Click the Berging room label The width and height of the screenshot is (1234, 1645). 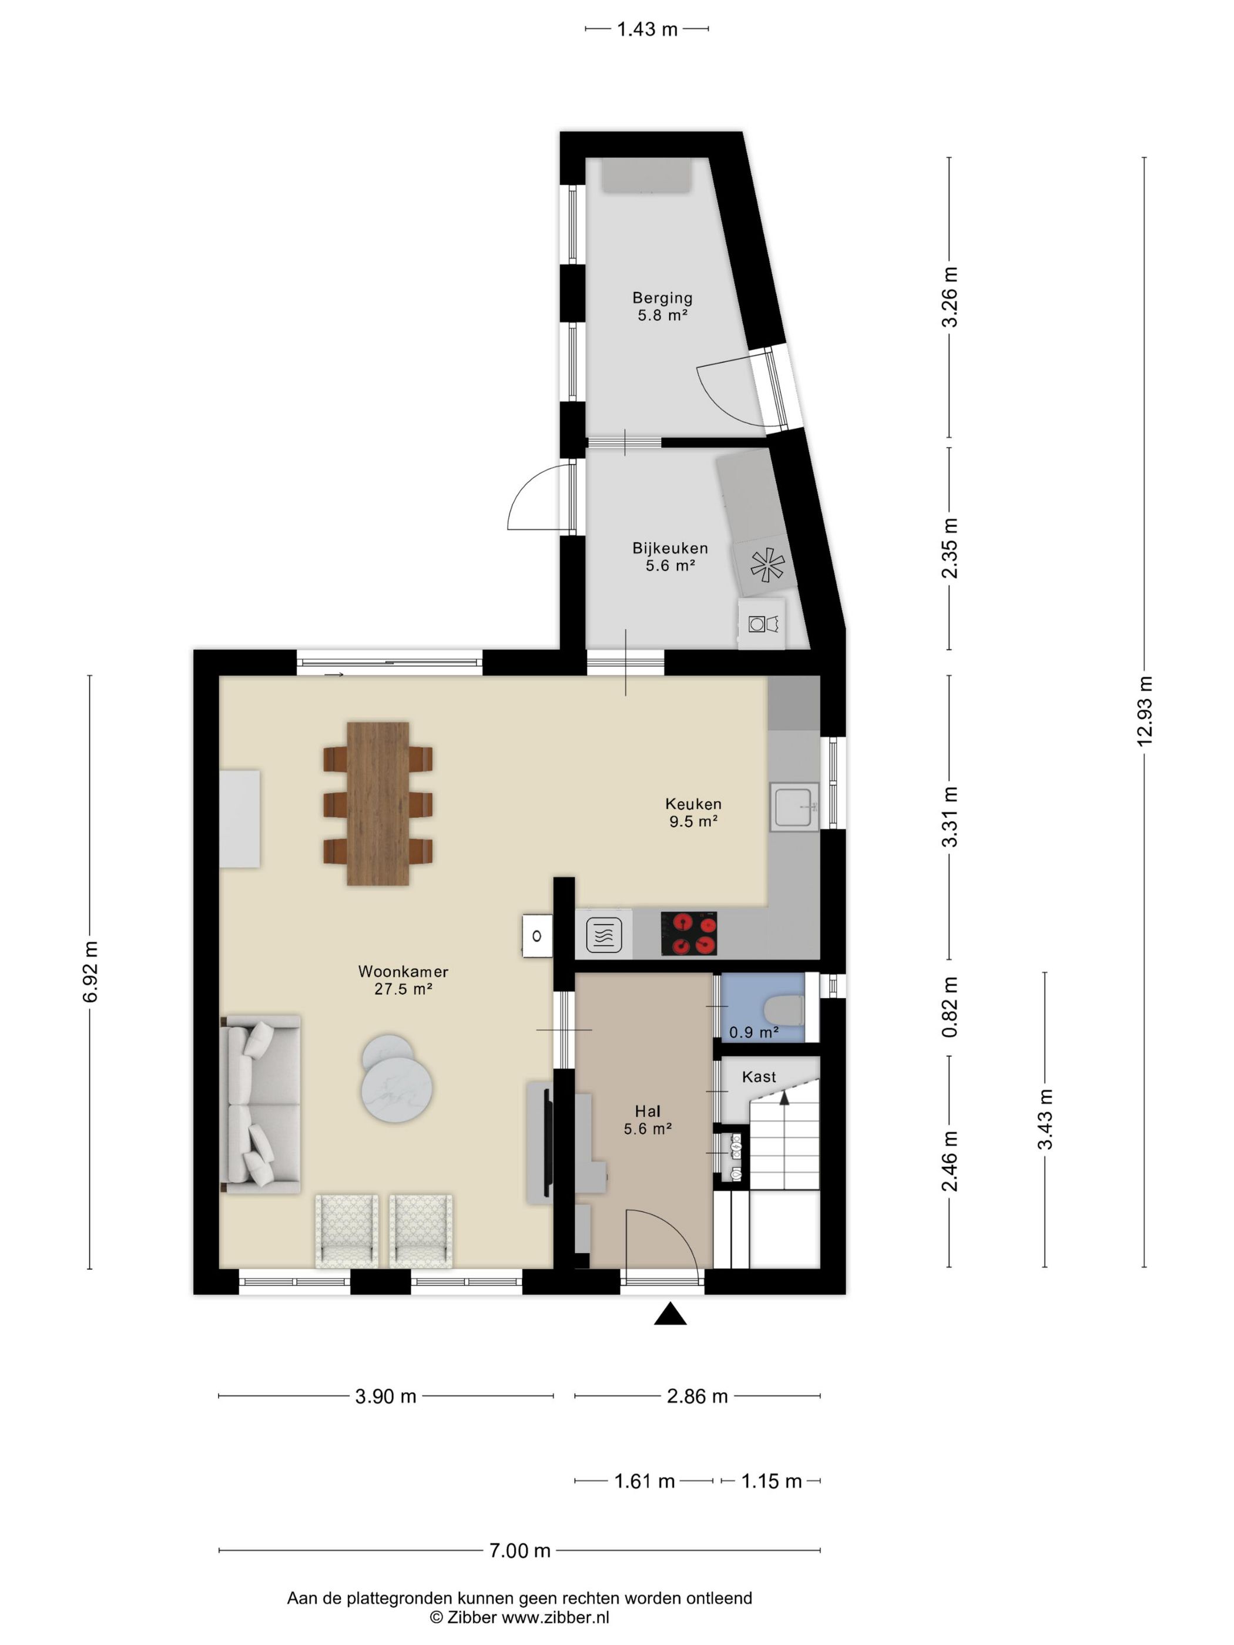coord(662,297)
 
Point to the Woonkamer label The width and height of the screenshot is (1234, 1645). coord(403,971)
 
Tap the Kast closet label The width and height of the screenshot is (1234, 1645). coord(759,1077)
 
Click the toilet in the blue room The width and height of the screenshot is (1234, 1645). coord(784,1010)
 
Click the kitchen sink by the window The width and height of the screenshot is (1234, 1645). coord(795,807)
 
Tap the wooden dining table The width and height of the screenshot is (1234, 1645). coord(378,803)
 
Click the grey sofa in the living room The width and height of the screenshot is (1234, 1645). coord(260,1104)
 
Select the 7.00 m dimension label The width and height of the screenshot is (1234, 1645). coord(520,1550)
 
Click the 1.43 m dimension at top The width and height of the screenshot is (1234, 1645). coord(647,29)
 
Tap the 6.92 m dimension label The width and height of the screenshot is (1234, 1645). coord(90,972)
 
